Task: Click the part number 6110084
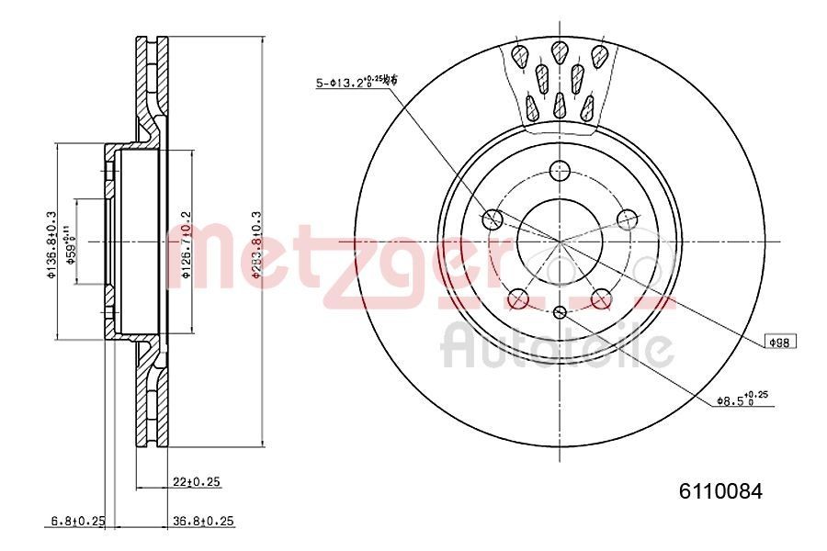tap(720, 490)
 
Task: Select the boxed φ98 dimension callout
tap(781, 342)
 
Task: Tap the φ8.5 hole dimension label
tap(742, 399)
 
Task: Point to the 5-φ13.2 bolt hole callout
tap(356, 84)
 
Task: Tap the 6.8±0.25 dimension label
tap(77, 521)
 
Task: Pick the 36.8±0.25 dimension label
tap(204, 521)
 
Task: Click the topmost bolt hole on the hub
tap(559, 170)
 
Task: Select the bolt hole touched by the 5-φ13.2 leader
tap(493, 219)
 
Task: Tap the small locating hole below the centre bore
tap(559, 313)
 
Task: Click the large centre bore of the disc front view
tap(559, 241)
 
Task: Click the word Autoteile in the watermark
tap(557, 347)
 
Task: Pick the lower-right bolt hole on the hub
tap(601, 298)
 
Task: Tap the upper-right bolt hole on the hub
tap(627, 219)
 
